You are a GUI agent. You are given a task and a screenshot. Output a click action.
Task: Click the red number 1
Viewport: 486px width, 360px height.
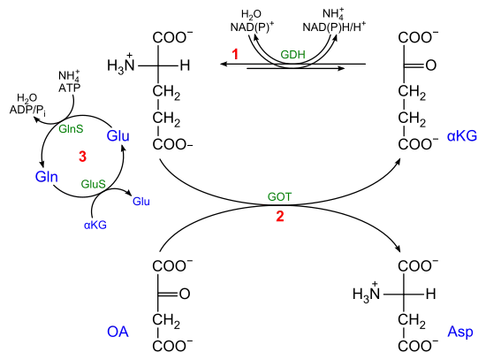tap(235, 54)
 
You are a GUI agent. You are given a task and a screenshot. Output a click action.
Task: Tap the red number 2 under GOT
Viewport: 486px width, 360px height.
tap(280, 217)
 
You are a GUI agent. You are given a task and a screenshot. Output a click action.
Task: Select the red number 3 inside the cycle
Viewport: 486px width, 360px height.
tap(82, 157)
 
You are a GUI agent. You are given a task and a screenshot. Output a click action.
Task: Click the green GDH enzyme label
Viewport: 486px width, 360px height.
tap(292, 55)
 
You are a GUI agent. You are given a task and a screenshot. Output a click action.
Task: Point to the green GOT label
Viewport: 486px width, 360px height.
tap(279, 196)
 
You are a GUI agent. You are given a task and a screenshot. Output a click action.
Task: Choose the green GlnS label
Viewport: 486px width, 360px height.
tap(71, 129)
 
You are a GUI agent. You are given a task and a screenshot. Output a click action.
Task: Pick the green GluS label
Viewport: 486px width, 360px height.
tap(93, 184)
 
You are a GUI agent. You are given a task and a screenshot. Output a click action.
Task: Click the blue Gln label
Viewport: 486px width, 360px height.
tap(47, 177)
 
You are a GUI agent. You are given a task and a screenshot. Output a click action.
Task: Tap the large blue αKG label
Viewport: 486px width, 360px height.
tap(462, 136)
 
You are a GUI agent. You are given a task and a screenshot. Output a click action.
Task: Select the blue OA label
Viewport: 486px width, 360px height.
tap(118, 332)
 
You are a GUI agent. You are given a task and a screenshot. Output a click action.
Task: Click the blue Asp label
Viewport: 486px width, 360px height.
tap(460, 332)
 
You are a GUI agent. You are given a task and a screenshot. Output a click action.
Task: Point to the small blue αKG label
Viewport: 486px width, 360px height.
tap(95, 225)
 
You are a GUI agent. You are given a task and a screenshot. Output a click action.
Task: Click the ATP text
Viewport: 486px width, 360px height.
tap(70, 88)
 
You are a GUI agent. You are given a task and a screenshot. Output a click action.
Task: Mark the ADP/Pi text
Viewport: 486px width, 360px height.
tap(28, 111)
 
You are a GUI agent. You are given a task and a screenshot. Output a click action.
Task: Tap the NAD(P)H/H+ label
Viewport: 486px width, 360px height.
tap(334, 27)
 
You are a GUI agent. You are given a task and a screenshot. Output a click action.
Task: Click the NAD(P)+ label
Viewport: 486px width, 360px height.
tap(252, 27)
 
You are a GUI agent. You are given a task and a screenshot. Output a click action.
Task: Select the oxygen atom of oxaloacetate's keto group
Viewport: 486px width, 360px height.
tap(185, 294)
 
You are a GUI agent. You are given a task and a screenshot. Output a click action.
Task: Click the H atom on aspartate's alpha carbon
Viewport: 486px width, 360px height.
tap(431, 294)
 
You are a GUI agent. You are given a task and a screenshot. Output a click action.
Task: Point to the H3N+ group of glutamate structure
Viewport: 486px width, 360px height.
tap(121, 64)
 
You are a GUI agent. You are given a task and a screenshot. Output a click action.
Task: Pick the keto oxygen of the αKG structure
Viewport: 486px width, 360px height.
tap(431, 65)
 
